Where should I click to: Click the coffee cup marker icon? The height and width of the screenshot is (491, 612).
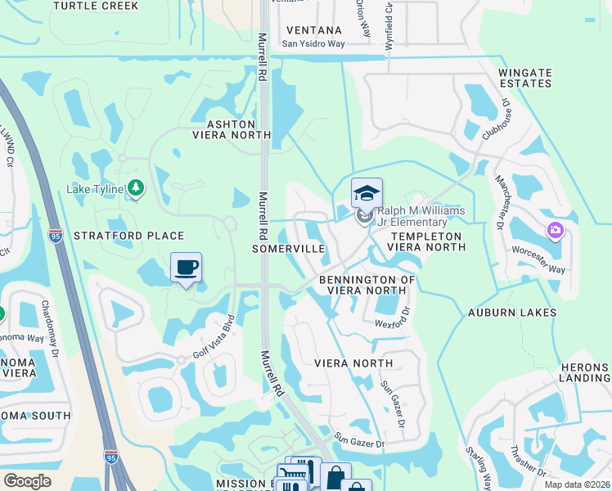[187, 267]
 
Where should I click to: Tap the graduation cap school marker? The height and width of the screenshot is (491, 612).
[367, 193]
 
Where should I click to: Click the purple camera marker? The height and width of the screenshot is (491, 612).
[556, 231]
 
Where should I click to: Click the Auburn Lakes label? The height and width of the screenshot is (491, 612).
[512, 313]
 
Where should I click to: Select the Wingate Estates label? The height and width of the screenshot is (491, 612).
[524, 78]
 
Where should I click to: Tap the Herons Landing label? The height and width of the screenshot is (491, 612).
[584, 372]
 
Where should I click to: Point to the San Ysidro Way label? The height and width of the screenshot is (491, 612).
[313, 44]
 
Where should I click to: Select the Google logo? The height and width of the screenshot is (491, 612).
[28, 481]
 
